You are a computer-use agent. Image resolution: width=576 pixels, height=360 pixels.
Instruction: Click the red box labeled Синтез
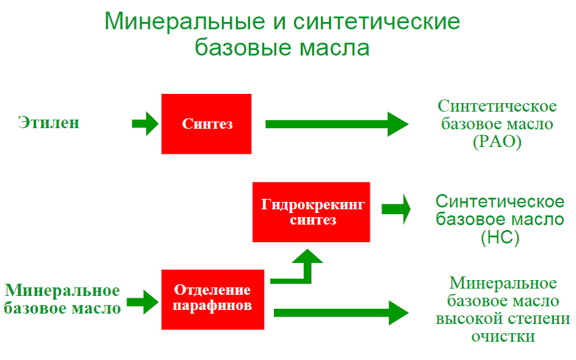coord(206,124)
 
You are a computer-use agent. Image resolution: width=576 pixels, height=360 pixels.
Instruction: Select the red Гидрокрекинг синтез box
coord(311,212)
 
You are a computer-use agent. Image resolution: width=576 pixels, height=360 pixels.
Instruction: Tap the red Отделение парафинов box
coord(212,299)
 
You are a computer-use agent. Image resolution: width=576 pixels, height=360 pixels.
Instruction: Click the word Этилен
coord(49,122)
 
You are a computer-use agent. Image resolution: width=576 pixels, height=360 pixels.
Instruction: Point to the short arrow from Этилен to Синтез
coord(145,124)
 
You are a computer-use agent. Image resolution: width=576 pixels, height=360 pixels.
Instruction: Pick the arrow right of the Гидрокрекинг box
coord(396,209)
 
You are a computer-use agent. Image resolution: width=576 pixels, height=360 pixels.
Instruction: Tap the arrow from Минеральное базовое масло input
coord(142,301)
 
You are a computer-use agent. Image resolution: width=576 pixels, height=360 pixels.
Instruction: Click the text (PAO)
coord(497,143)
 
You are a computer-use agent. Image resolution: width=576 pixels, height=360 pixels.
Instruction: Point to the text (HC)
coord(499,237)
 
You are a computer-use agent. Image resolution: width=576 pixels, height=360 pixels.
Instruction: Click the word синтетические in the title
coord(376,22)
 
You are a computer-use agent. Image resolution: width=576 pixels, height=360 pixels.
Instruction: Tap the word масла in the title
coord(334,48)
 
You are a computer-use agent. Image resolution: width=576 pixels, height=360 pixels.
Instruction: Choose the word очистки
coord(503,336)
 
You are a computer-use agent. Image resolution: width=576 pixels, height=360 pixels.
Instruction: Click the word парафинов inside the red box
coord(212,306)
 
